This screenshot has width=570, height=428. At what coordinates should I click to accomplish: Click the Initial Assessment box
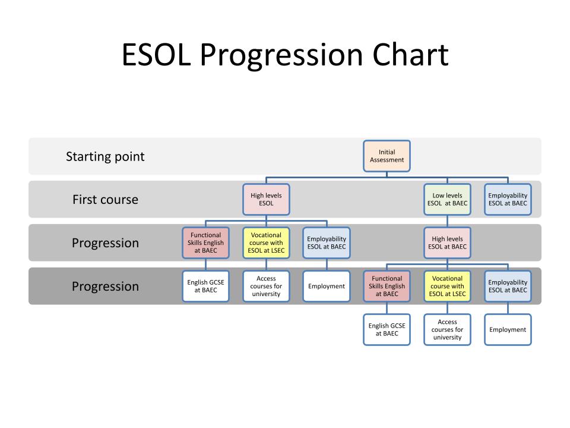coord(387,156)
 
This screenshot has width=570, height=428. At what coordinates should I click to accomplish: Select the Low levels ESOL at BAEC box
coord(447,200)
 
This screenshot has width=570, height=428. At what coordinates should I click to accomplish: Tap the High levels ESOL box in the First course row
coord(266,200)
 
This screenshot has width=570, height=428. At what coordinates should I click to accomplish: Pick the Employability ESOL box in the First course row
coord(508,200)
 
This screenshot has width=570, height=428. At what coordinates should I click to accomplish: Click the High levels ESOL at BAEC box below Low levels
coord(447,243)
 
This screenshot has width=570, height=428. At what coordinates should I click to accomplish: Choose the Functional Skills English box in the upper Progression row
coord(206,243)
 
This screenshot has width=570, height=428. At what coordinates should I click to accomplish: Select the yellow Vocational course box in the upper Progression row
coord(266,243)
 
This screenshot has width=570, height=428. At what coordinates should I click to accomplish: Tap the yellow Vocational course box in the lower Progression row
coord(447,286)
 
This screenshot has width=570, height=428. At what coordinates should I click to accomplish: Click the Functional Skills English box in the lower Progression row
coord(387,286)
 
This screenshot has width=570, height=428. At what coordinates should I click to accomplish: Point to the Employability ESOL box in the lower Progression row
coord(508,286)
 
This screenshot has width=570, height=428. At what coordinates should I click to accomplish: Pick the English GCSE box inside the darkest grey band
coord(206,286)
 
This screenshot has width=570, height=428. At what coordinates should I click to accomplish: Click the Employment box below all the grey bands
coord(508,329)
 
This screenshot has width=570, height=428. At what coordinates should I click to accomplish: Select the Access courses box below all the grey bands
coord(447,329)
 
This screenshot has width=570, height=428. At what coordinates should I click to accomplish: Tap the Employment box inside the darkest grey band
coord(327,286)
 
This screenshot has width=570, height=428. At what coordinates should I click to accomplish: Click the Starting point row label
coord(105,156)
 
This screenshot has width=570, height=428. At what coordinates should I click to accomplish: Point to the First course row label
coord(106,200)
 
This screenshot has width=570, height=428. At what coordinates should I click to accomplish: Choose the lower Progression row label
coord(106,287)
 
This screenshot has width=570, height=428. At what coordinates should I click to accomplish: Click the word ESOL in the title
coord(156,55)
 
